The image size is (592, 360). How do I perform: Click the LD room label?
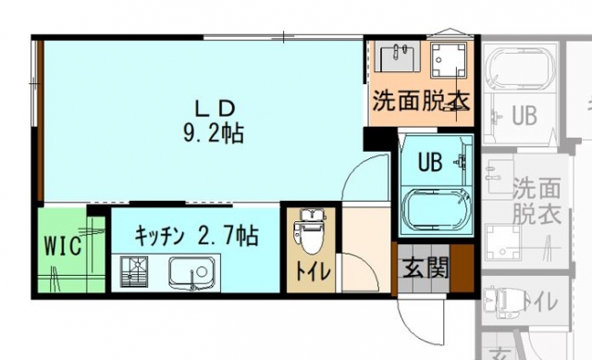(216, 109)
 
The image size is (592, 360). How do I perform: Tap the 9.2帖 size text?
(214, 133)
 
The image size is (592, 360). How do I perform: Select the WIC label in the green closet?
(63, 245)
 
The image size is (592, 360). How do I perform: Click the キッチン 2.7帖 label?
(196, 236)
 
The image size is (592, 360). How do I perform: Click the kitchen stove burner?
(133, 271)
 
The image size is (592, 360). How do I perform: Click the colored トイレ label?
(313, 271)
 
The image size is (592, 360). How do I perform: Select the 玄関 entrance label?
(425, 267)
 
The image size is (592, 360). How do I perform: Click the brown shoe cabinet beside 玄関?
(462, 268)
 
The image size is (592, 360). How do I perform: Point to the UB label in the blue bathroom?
(430, 162)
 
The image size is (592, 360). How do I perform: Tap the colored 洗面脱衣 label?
(421, 100)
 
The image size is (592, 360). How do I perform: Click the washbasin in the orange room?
(398, 56)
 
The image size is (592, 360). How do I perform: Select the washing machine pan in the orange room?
(449, 59)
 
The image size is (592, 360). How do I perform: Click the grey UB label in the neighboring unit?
(524, 115)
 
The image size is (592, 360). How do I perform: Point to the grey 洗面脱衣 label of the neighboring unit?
(536, 201)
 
